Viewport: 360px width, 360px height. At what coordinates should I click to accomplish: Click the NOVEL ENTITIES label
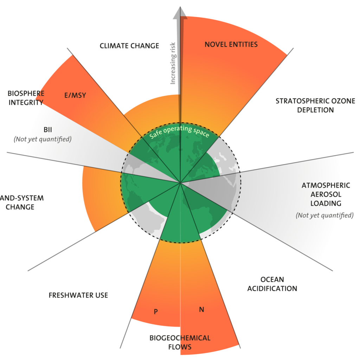[x=231, y=45]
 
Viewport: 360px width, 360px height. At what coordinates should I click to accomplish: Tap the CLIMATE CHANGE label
[x=129, y=46]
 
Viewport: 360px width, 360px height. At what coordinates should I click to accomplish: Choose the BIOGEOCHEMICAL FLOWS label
[x=180, y=342]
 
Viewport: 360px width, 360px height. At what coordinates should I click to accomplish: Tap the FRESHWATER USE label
[x=78, y=295]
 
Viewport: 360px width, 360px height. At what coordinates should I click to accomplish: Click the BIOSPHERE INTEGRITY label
[x=26, y=98]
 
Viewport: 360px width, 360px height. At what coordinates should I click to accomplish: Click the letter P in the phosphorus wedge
[x=156, y=311]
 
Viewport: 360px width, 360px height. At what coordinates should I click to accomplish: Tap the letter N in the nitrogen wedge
[x=201, y=310]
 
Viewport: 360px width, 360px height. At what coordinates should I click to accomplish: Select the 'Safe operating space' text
[x=179, y=132]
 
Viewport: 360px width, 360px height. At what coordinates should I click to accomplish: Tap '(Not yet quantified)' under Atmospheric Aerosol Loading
[x=324, y=215]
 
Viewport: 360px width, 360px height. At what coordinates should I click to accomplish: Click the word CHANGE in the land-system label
[x=20, y=207]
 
